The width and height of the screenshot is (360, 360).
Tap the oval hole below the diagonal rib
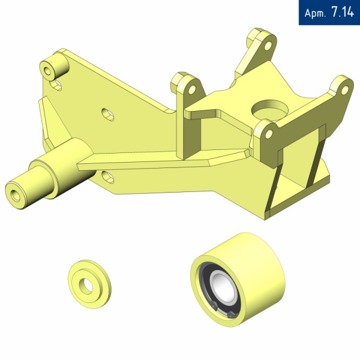coord(109,175)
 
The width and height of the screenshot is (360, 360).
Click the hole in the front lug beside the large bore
coord(268,133)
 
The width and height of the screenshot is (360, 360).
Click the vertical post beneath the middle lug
coord(187,135)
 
